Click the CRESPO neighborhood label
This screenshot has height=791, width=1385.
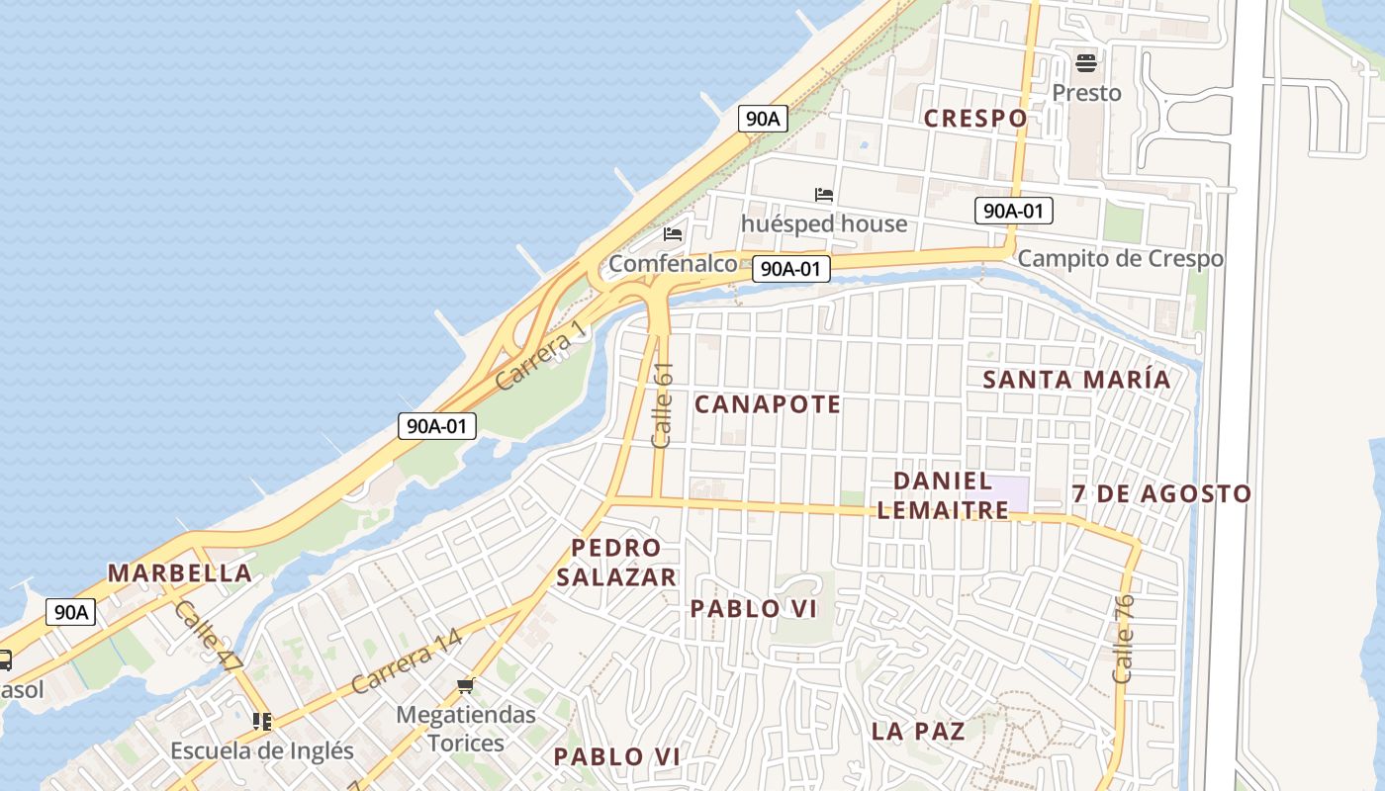[x=975, y=119]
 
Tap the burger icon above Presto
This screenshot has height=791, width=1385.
[x=1086, y=64]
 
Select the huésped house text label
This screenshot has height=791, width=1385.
[x=824, y=223]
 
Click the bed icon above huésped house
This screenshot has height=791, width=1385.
[x=824, y=195]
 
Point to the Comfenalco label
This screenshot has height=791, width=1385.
[x=673, y=264]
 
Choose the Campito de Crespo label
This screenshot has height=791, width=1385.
[x=1120, y=259]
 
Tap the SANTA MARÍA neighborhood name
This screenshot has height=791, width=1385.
[x=1076, y=380]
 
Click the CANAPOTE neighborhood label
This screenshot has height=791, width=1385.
[x=768, y=404]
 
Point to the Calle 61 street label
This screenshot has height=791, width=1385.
[x=663, y=404]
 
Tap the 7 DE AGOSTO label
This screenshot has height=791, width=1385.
[x=1161, y=493]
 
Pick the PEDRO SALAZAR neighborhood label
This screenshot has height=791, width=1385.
[x=615, y=562]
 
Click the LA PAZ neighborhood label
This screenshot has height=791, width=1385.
[x=918, y=732]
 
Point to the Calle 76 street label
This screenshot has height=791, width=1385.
[x=1123, y=639]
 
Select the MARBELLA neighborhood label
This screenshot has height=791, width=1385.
[x=179, y=573]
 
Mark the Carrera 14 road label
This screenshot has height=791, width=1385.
[x=407, y=661]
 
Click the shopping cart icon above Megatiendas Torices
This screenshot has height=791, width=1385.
[x=466, y=685]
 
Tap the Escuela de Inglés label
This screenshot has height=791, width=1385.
[x=261, y=750]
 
